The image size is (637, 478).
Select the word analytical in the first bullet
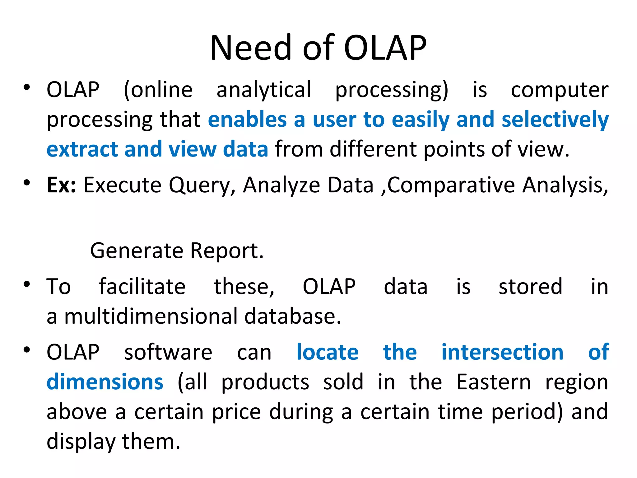[263, 90]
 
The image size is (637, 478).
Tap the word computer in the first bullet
[560, 90]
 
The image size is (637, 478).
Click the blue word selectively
[555, 120]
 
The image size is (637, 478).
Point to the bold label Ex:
[61, 185]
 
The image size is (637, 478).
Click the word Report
[227, 251]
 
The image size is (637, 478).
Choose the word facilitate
[142, 287]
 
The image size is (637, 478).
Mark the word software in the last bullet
[168, 353]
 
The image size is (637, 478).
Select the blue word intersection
[502, 353]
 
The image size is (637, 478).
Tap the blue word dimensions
[105, 382]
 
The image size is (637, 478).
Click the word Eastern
[493, 382]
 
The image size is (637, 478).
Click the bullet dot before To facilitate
[27, 284]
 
